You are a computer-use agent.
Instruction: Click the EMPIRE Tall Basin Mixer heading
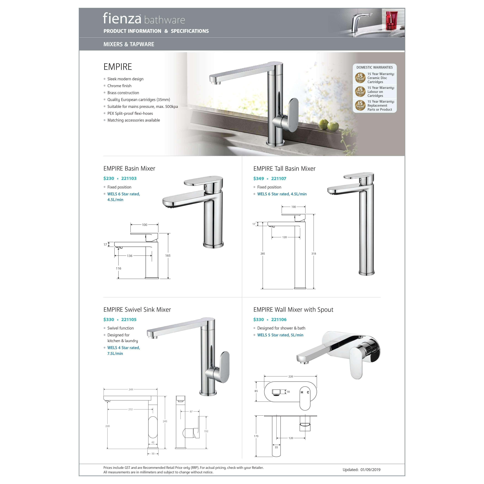(284, 169)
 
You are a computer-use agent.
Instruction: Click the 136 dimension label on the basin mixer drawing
(130, 256)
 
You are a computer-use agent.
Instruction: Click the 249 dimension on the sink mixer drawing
(131, 389)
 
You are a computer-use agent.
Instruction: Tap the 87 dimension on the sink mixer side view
(191, 411)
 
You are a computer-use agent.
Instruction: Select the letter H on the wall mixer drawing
(302, 392)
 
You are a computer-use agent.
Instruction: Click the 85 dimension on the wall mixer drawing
(256, 391)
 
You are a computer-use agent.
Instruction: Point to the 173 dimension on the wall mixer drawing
(256, 436)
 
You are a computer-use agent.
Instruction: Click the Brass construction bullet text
(123, 93)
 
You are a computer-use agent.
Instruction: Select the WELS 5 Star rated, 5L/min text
(280, 335)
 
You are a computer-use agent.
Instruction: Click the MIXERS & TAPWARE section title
(129, 44)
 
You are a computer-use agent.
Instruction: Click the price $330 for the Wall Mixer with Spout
(259, 319)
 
